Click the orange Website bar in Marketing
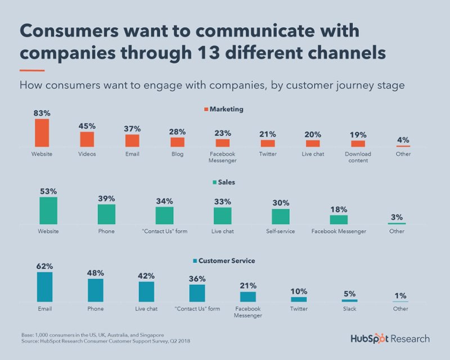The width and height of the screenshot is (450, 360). pyautogui.click(x=42, y=133)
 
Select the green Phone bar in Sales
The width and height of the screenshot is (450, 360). pyautogui.click(x=106, y=214)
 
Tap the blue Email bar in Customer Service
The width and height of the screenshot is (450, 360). pyautogui.click(x=44, y=287)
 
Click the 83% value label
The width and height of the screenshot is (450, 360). pyautogui.click(x=42, y=112)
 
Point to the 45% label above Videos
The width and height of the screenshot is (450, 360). pyautogui.click(x=87, y=125)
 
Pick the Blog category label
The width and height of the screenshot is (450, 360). pyautogui.click(x=177, y=154)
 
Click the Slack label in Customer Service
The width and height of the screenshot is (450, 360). pyautogui.click(x=349, y=309)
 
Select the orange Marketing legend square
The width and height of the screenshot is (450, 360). pyautogui.click(x=205, y=109)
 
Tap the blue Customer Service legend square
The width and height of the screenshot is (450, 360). pyautogui.click(x=195, y=261)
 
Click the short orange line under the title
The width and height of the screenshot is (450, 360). pyautogui.click(x=32, y=70)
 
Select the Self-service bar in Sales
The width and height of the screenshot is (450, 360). pyautogui.click(x=281, y=217)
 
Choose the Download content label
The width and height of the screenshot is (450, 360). pyautogui.click(x=358, y=157)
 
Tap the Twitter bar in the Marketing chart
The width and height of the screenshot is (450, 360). pyautogui.click(x=268, y=143)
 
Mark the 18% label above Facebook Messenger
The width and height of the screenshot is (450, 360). pyautogui.click(x=339, y=209)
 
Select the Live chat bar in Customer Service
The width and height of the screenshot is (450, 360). pyautogui.click(x=146, y=291)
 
